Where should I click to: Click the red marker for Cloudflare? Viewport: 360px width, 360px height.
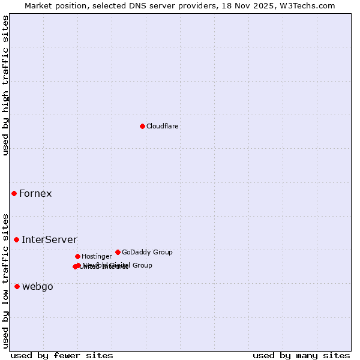142,126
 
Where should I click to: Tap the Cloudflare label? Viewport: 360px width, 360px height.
162,126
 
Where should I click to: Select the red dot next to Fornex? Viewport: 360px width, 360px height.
14,193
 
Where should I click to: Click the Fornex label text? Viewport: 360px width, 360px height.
35,193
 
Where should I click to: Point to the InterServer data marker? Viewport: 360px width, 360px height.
17,239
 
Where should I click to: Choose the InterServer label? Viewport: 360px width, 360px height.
49,240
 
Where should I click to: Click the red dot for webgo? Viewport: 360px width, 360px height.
17,286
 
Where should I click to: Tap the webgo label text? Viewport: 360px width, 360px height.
38,287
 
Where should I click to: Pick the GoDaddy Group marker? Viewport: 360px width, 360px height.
118,252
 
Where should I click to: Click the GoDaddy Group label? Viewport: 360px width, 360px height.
147,252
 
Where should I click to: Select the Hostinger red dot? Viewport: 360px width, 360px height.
77,256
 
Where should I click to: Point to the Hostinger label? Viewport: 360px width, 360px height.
97,256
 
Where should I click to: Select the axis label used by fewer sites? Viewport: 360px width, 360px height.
62,355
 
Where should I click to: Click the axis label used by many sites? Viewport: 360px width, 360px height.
301,355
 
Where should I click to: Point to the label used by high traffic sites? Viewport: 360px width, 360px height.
5,85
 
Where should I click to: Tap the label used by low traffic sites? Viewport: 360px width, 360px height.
5,280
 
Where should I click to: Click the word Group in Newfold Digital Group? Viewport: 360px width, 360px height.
141,265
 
